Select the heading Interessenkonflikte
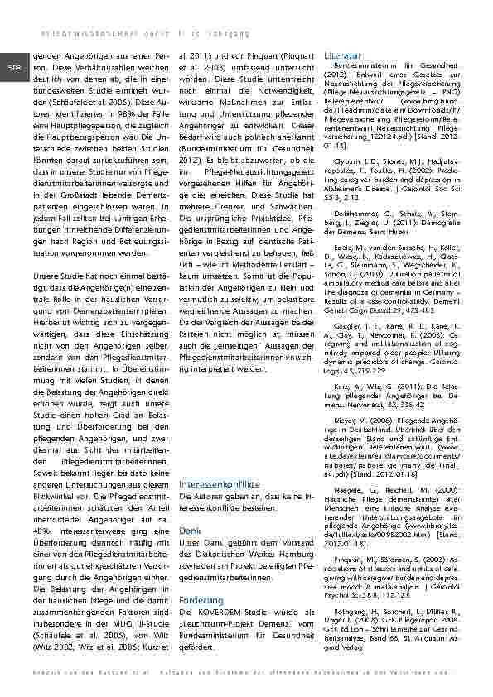220,483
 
